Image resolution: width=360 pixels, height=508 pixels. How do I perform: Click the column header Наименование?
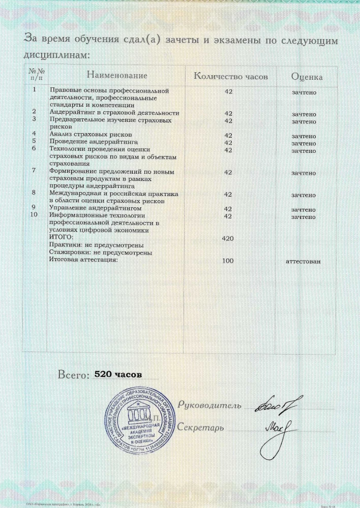coord(116,76)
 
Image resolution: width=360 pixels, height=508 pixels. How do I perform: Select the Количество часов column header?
coord(231,76)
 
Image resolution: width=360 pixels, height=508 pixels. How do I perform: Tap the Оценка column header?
coord(307,77)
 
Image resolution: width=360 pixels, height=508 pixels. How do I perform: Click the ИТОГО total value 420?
coord(228,238)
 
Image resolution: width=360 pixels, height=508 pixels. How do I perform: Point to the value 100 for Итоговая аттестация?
coord(228,261)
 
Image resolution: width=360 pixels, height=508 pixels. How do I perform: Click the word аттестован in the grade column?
coord(304,261)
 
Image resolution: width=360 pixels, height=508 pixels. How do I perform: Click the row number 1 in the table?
coord(34,90)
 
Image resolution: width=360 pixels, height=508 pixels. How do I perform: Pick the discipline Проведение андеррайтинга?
coord(94,142)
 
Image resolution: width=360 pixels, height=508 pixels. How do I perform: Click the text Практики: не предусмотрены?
coord(96,245)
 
